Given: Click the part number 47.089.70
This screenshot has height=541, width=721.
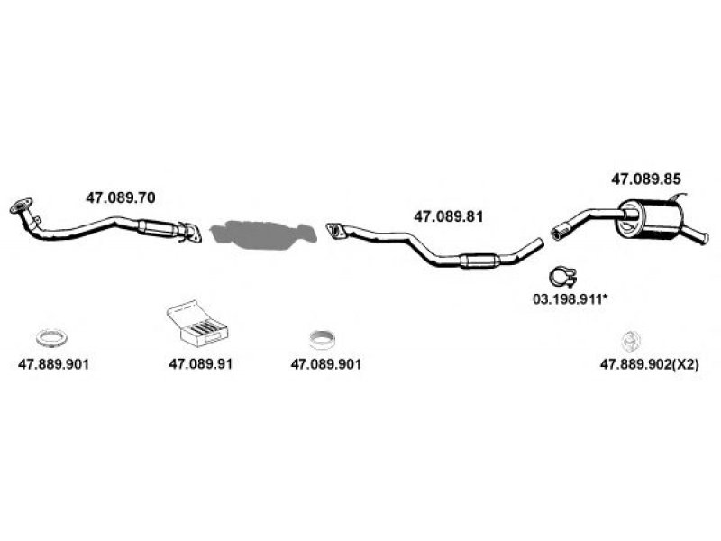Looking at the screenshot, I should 119,197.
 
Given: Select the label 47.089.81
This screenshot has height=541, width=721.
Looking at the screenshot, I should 449,216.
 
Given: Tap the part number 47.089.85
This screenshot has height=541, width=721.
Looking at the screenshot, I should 645,179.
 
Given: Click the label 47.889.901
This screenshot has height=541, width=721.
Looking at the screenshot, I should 53,365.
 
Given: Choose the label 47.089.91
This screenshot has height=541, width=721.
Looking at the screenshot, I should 201,365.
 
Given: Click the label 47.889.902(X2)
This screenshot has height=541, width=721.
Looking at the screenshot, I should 649,365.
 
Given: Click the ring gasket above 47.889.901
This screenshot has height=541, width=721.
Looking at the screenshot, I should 50,339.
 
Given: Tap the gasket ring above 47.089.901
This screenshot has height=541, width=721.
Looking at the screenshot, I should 323,340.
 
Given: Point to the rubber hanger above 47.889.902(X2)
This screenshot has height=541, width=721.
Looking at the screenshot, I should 631,341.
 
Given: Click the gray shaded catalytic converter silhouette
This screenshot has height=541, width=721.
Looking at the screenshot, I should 261,234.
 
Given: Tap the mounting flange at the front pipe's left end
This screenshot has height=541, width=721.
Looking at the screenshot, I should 20,208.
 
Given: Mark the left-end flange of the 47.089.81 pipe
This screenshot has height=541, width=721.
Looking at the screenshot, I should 335,232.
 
